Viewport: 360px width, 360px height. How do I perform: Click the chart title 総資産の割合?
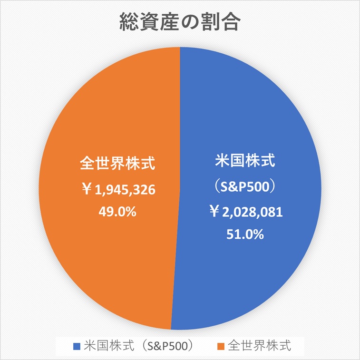coord(180,22)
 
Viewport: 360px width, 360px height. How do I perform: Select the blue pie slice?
coord(266,119)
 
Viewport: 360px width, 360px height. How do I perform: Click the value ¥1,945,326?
coord(117,190)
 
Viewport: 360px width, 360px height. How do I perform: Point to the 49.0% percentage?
coord(117,212)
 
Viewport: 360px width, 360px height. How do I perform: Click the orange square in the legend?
coord(221,344)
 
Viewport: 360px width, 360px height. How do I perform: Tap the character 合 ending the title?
coord(231,22)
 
